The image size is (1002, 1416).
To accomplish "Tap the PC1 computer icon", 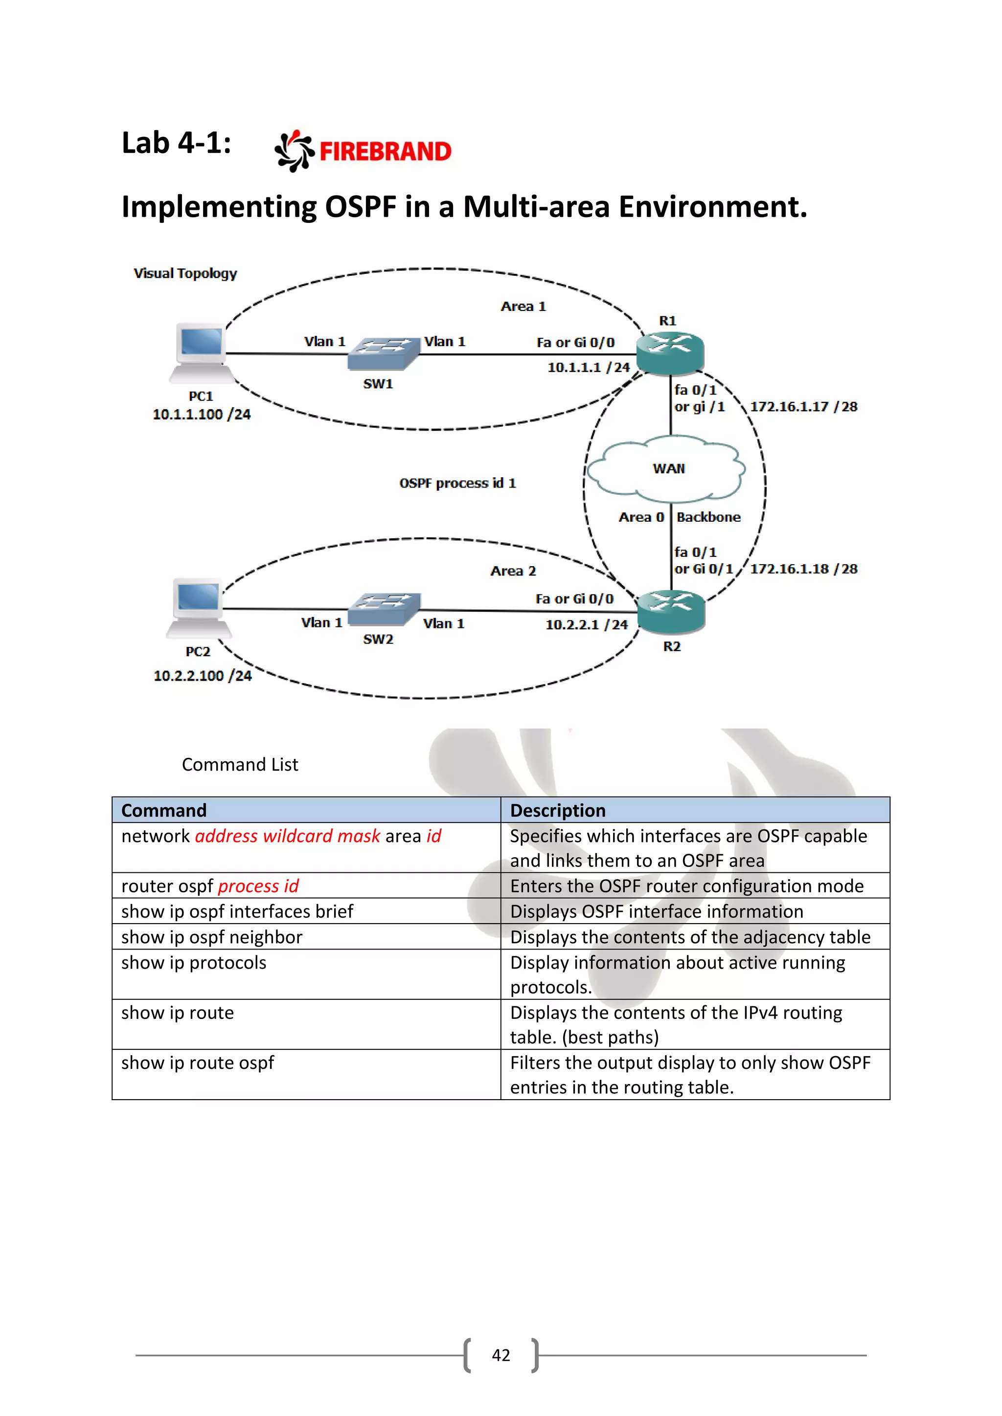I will [201, 352].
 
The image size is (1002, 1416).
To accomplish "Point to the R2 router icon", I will [671, 611].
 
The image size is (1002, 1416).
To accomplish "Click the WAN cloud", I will [667, 469].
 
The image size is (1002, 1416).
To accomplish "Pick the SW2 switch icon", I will [384, 609].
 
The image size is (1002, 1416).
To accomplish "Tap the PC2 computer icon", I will [198, 607].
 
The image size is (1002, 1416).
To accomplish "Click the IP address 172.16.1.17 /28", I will [803, 406].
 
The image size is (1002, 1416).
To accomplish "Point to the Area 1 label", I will [523, 307].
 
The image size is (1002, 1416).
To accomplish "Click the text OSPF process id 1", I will [457, 483].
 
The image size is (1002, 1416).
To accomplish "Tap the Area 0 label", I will [641, 517].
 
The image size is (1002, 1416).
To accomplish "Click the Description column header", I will [558, 810].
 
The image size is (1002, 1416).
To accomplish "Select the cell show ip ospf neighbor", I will [212, 937].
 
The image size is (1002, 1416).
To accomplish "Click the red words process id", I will [258, 886].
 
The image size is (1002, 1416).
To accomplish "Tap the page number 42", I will [501, 1355].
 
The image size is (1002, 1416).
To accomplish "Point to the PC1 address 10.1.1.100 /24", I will [202, 415].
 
